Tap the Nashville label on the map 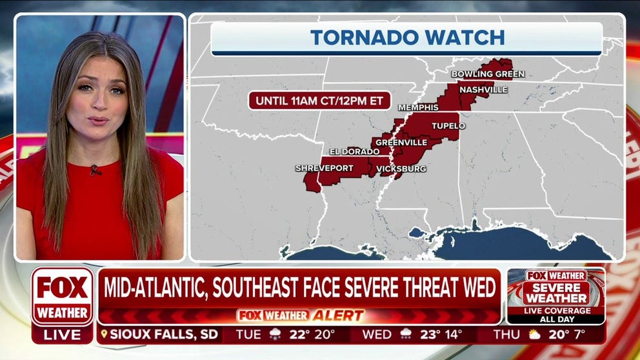pos(483,90)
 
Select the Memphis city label pos(418,107)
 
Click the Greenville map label pos(401,142)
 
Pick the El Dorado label pos(354,152)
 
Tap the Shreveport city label pos(324,168)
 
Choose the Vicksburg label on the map pos(401,169)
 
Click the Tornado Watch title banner pos(406,37)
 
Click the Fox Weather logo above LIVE pos(63,296)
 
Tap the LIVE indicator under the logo pos(63,335)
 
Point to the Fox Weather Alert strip pos(300,315)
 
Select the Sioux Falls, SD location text pos(161,335)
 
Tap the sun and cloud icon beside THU pos(534,335)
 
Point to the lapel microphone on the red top pos(95,170)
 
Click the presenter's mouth pos(98,121)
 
